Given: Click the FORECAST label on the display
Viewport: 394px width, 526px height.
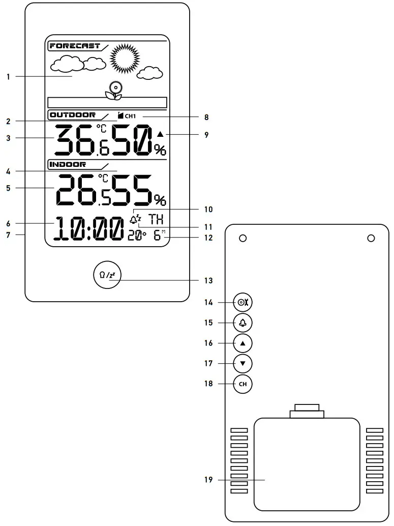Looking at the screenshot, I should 75,46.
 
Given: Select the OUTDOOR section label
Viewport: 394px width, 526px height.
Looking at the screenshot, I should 73,115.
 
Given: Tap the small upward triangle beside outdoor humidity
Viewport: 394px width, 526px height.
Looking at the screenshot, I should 161,134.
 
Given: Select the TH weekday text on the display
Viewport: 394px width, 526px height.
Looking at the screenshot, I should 156,220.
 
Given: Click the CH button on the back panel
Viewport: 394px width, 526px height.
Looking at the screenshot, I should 243,384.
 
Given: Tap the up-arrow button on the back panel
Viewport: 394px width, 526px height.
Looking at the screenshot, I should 243,343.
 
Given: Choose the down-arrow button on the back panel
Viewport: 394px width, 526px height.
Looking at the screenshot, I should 243,364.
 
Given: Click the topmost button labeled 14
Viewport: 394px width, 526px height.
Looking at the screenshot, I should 243,303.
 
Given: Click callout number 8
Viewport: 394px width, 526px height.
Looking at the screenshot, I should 206,117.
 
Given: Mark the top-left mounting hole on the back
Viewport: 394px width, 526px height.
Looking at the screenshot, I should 243,238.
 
